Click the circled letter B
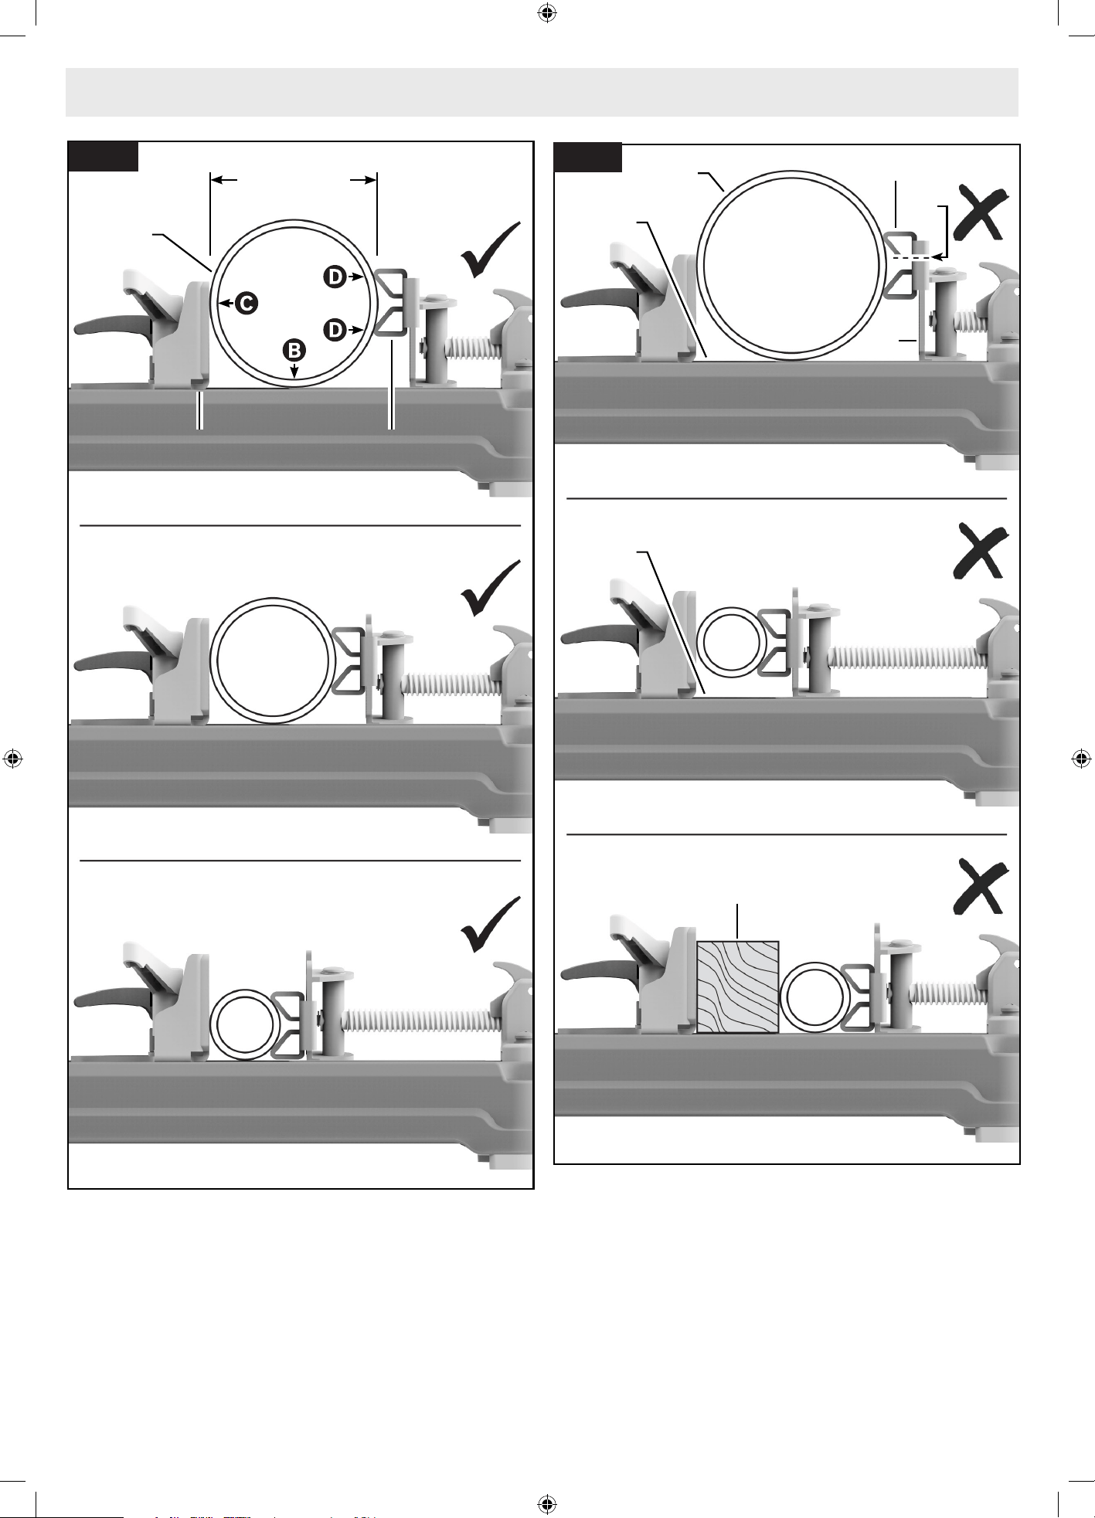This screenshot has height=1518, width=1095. click(x=294, y=350)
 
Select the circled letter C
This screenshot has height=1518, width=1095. click(x=246, y=303)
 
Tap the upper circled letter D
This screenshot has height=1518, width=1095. click(x=335, y=276)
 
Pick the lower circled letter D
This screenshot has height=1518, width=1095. click(x=335, y=330)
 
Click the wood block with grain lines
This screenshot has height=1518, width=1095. click(x=738, y=987)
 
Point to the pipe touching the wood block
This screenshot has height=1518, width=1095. click(x=815, y=997)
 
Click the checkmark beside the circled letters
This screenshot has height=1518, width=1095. click(x=491, y=250)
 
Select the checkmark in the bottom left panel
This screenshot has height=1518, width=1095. click(x=491, y=925)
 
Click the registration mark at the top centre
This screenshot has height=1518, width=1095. click(x=547, y=12)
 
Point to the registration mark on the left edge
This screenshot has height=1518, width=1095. click(x=12, y=759)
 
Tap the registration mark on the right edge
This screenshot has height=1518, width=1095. click(x=1082, y=759)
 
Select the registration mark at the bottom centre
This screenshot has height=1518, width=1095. click(x=547, y=1504)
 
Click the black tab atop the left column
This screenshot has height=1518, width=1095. click(x=104, y=156)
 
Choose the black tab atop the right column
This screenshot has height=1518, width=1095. click(x=589, y=158)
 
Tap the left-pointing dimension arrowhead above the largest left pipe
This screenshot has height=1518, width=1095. click(x=224, y=180)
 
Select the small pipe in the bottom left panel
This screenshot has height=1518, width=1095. click(x=245, y=1024)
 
